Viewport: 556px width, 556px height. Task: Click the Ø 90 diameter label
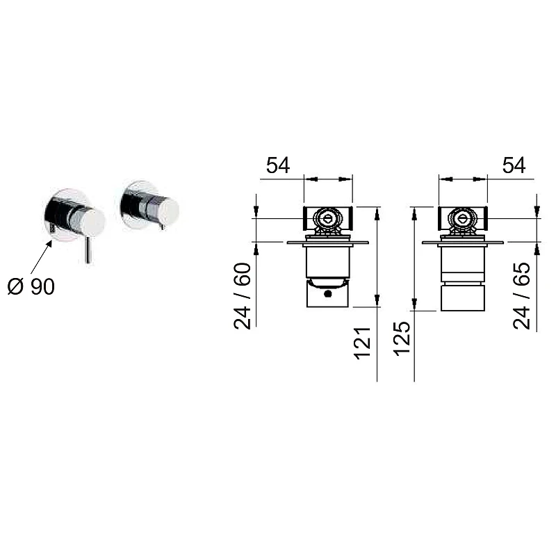pyautogui.click(x=31, y=286)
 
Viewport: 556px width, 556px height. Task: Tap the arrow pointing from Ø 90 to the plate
pyautogui.click(x=42, y=256)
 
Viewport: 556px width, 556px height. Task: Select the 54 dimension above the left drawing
pyautogui.click(x=278, y=165)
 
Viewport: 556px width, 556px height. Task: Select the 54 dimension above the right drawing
pyautogui.click(x=514, y=165)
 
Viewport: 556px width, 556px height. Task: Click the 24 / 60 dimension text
pyautogui.click(x=243, y=296)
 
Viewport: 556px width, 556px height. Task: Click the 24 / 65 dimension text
pyautogui.click(x=522, y=296)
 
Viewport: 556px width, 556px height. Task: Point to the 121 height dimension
pyautogui.click(x=362, y=343)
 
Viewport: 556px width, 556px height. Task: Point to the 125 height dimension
pyautogui.click(x=402, y=338)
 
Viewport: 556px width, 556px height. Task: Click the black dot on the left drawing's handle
pyautogui.click(x=328, y=293)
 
